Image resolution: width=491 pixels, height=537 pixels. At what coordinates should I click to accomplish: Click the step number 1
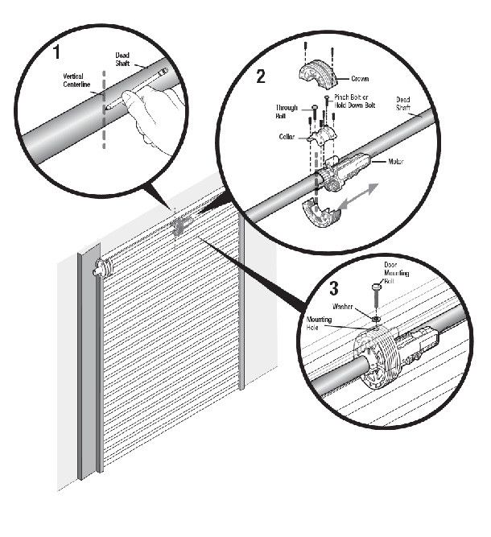pyautogui.click(x=57, y=53)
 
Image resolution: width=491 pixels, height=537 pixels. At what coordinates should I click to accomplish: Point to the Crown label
pyautogui.click(x=359, y=79)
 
